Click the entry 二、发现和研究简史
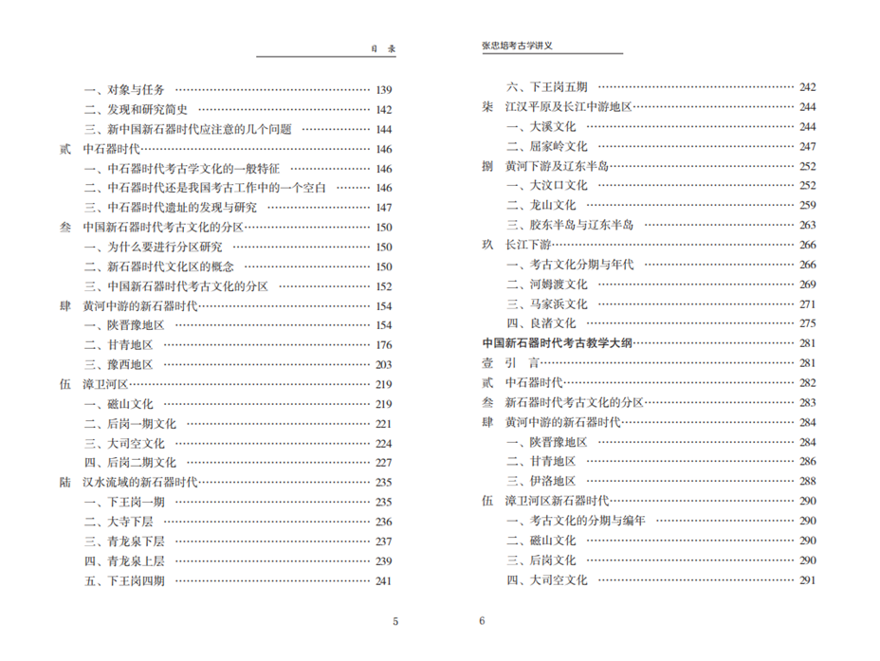pos(136,110)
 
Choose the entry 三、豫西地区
pos(118,364)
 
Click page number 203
pos(383,364)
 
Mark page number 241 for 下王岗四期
pos(383,580)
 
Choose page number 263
pos(807,225)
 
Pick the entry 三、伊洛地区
pos(541,481)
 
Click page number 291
pos(807,579)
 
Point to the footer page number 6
pos(482,622)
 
